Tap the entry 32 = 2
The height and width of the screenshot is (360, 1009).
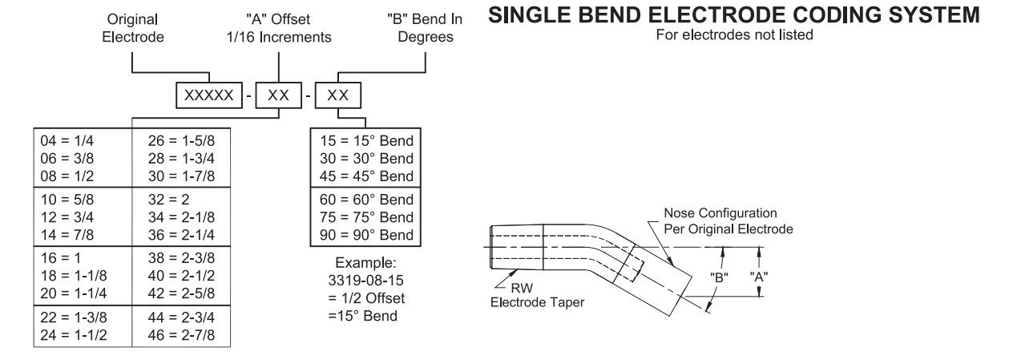point(167,196)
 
